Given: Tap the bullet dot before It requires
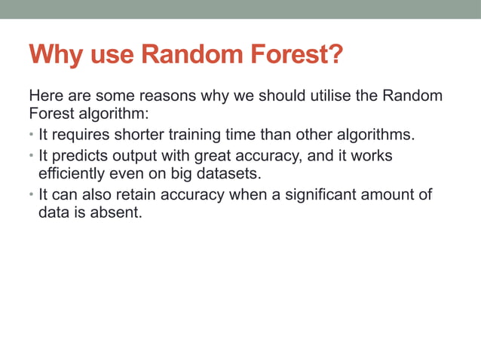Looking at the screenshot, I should [32, 136].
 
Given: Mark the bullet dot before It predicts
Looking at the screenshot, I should [32, 157].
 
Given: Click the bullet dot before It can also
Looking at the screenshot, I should [32, 196].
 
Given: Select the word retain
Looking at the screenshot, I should [134, 195].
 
